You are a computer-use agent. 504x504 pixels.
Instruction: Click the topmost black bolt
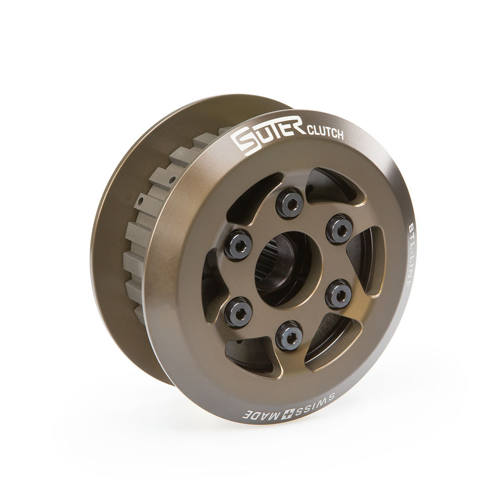(x=290, y=203)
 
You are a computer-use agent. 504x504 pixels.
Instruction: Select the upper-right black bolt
(x=339, y=228)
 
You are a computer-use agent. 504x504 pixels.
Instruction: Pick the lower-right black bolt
(x=338, y=294)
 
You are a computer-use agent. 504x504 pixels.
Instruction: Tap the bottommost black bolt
(x=289, y=335)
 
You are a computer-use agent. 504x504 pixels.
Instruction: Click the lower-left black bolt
(x=237, y=311)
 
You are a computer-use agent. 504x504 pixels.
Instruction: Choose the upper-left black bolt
(x=238, y=244)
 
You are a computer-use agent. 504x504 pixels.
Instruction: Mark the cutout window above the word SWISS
(x=330, y=345)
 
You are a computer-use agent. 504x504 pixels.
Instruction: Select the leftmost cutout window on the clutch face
(x=212, y=285)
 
